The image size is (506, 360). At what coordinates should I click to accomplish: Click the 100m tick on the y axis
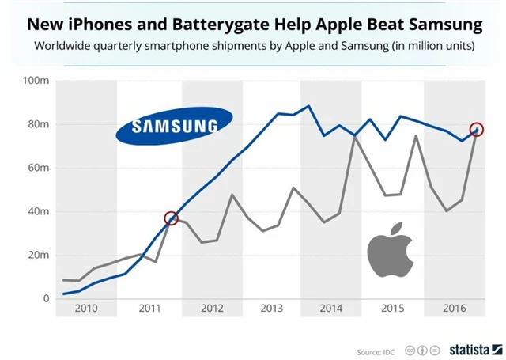pos(37,81)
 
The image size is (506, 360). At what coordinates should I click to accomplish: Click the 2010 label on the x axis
pos(86,309)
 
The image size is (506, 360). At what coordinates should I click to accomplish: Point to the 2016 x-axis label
pos(451,309)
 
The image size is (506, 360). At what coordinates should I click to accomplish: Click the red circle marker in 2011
pos(171,218)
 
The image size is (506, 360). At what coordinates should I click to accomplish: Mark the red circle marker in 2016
pos(477,130)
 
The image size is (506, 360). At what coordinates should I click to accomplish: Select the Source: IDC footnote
pos(376,350)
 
